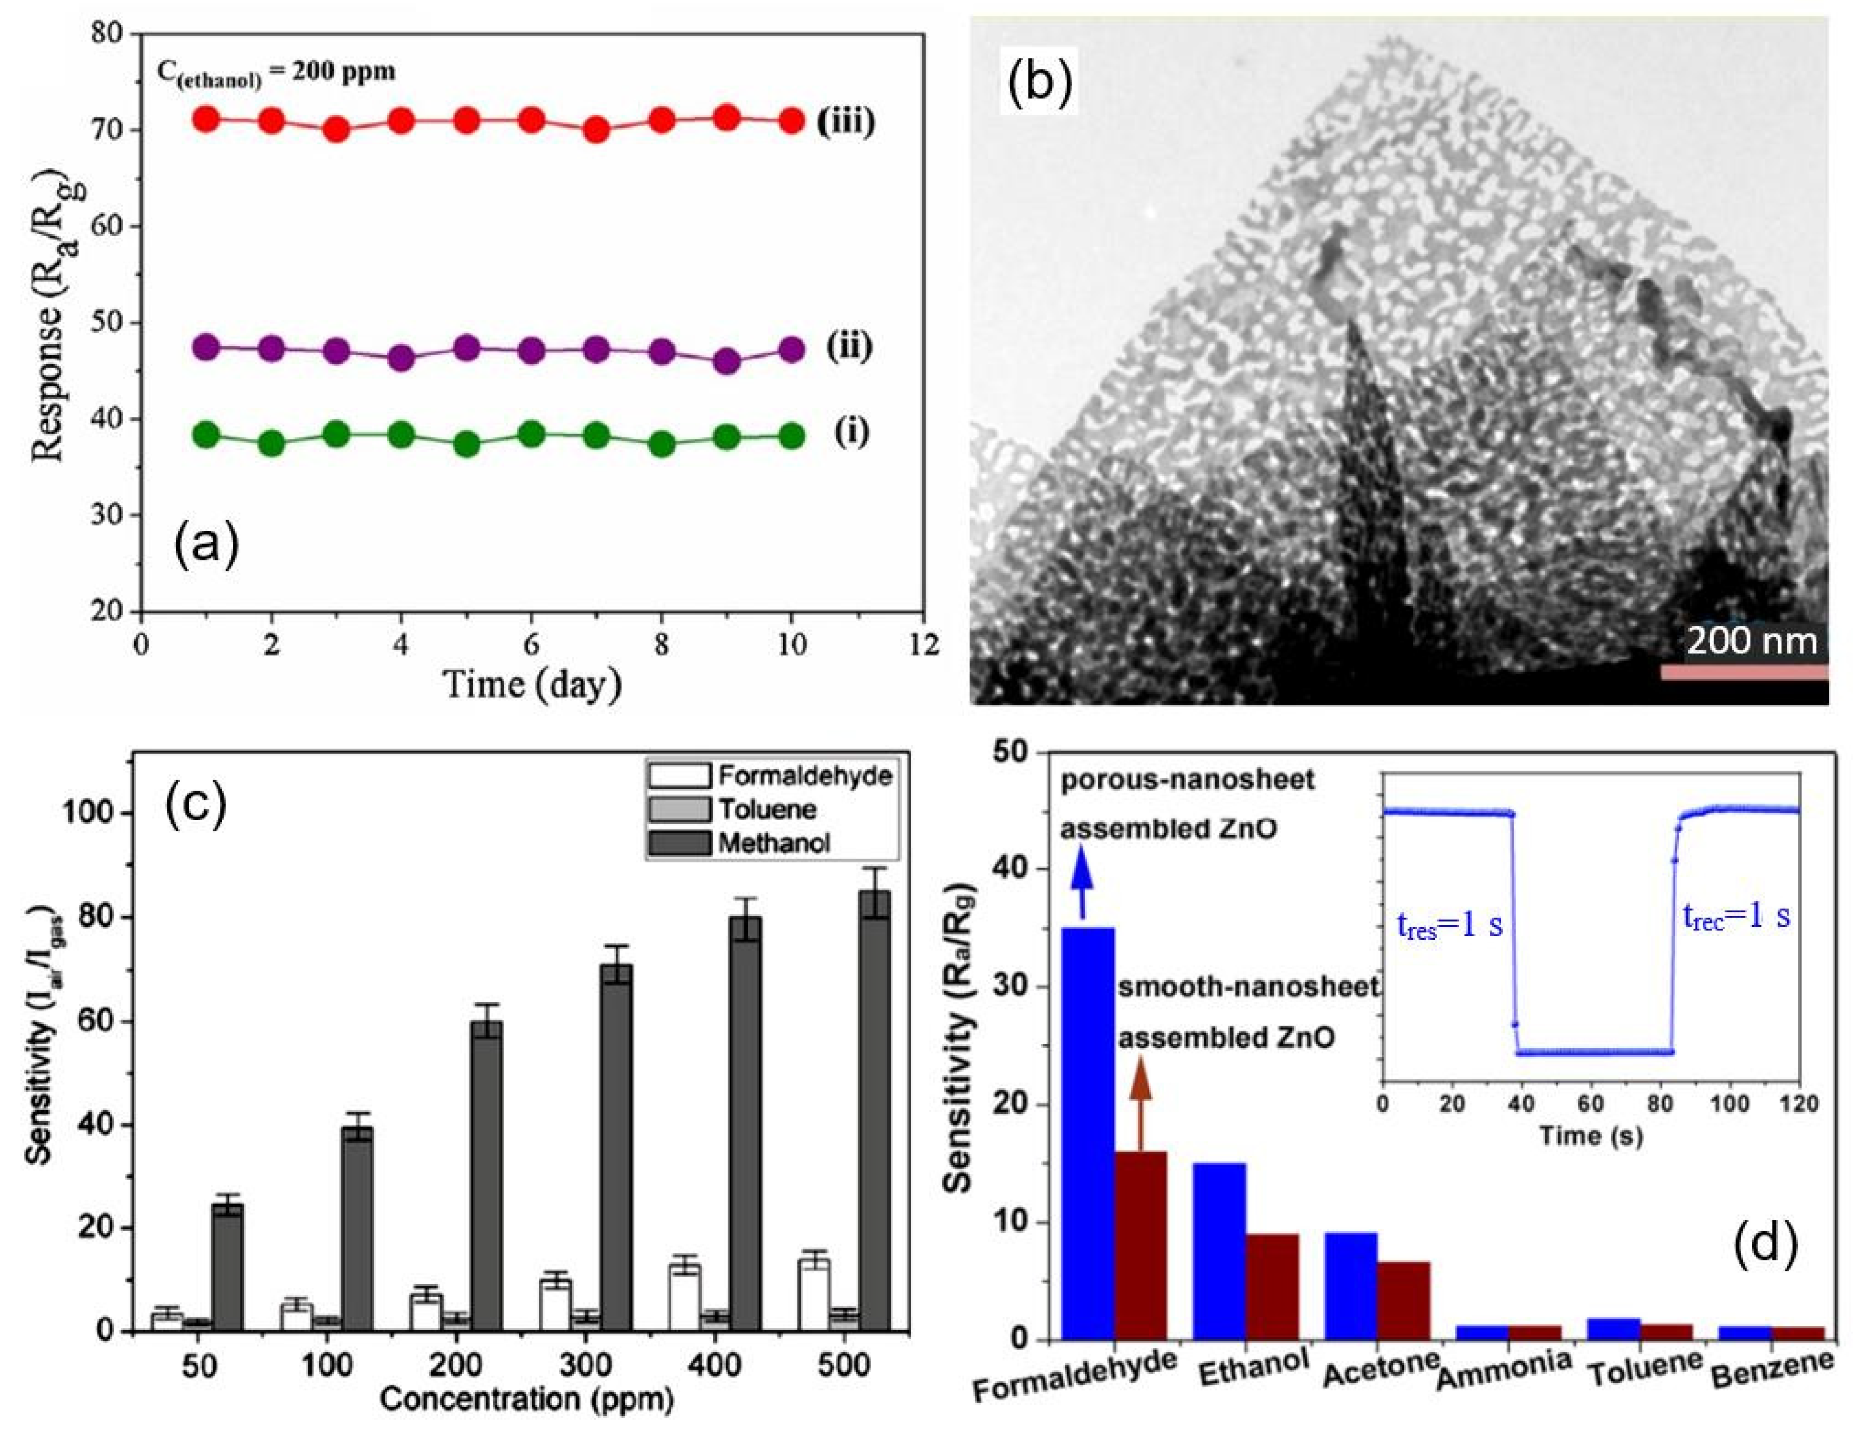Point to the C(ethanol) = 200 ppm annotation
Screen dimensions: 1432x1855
pos(276,71)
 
